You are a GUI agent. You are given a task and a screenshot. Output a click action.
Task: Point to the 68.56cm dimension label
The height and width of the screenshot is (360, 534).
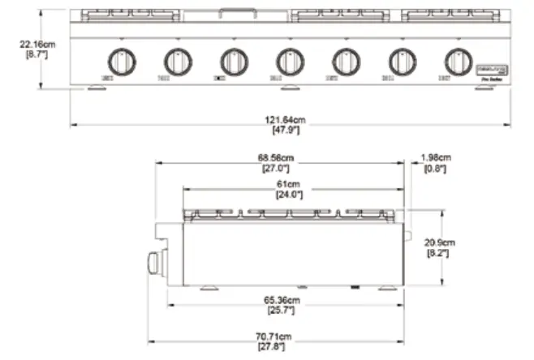278,160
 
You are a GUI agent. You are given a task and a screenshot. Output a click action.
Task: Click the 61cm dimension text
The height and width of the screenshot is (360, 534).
290,185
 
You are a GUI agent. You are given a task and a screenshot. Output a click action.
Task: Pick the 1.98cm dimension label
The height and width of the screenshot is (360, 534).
436,159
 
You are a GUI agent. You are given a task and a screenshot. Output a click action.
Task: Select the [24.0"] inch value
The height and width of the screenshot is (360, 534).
290,195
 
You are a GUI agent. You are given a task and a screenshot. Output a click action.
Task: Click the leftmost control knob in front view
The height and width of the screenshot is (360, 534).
121,61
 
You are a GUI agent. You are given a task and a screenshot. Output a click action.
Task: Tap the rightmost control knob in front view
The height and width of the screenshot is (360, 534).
458,61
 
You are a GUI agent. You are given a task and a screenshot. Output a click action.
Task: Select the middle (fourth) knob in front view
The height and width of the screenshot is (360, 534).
290,61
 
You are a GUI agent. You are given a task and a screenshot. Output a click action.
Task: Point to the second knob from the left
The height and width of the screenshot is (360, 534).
177,61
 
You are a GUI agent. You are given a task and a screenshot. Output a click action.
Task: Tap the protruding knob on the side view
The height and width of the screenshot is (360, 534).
153,263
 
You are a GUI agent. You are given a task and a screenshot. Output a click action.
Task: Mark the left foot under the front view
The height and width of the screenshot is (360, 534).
95,89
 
